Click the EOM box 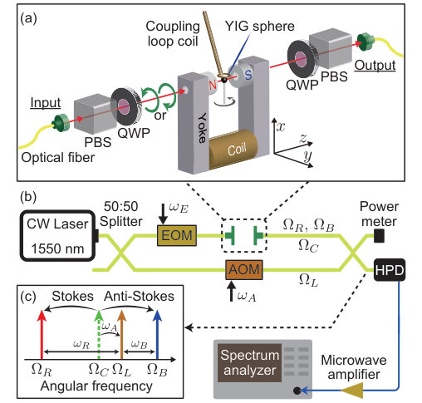point(177,235)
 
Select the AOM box point(244,269)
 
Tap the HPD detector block point(390,270)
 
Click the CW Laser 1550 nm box point(58,236)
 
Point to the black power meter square point(379,236)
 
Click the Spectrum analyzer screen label point(249,362)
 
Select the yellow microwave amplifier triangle point(351,391)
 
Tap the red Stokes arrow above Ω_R point(42,335)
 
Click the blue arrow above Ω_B point(157,335)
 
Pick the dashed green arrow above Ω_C point(99,335)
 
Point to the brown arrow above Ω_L point(121,335)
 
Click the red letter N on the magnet point(213,85)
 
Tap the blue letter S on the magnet point(248,74)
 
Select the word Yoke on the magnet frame point(203,128)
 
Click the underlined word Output point(375,66)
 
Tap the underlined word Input point(46,102)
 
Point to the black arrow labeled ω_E point(164,214)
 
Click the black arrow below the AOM point(232,291)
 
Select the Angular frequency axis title point(96,386)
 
